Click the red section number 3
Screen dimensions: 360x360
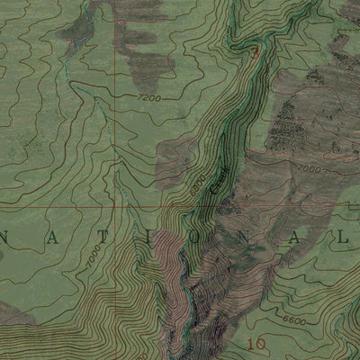(254, 54)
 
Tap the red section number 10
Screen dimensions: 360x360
(256, 342)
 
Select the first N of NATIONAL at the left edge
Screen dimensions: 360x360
(5, 238)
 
